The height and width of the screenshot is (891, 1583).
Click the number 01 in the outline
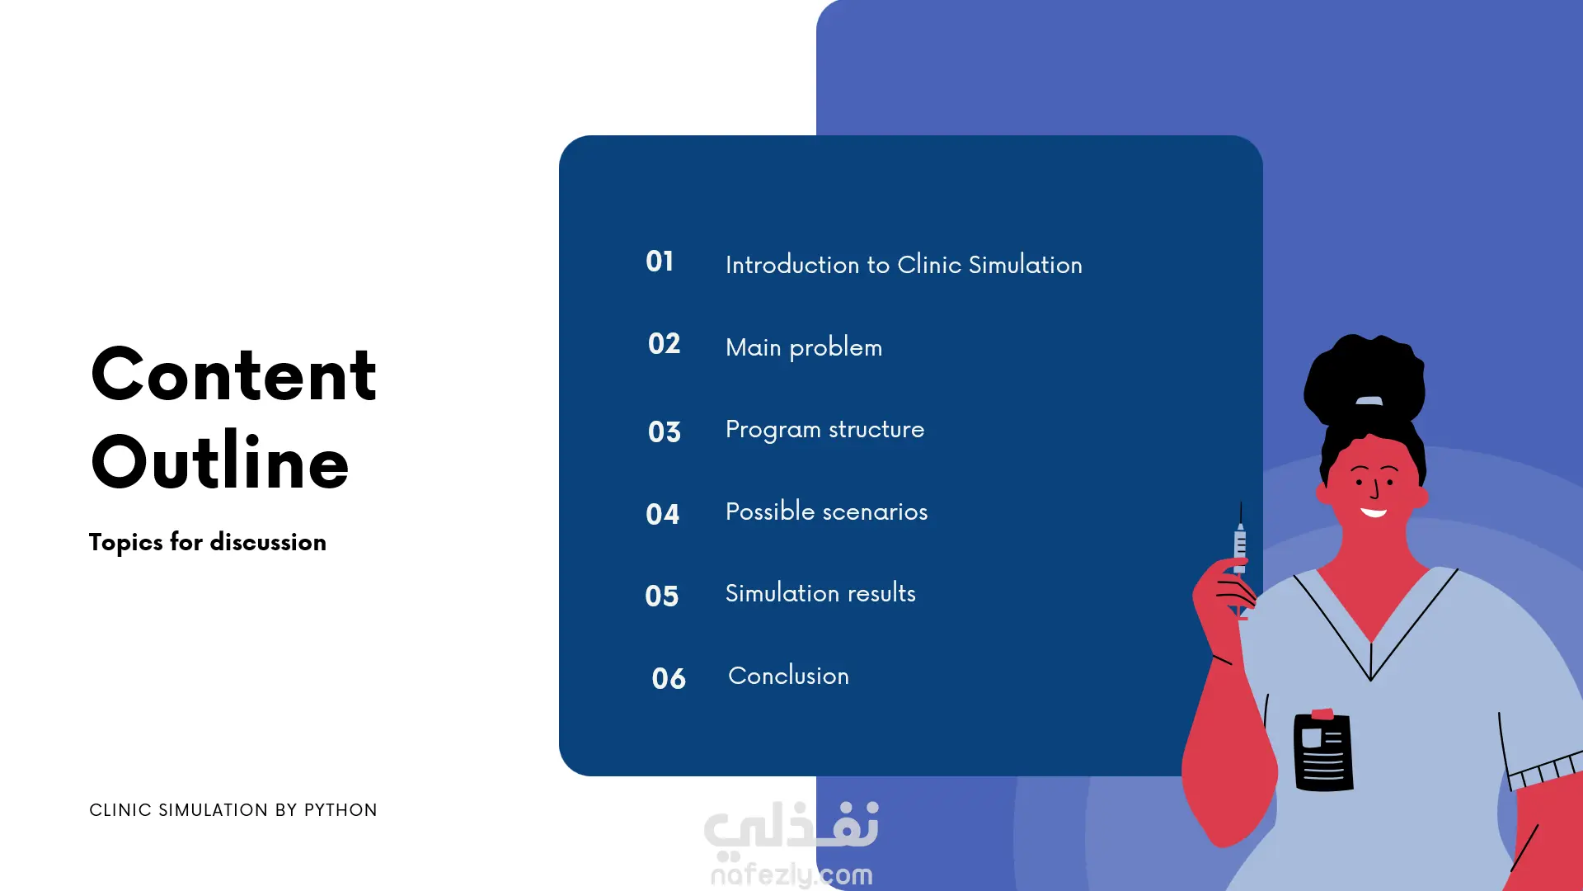660,262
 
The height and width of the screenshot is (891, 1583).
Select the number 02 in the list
664,343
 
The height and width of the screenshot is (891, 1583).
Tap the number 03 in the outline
665,431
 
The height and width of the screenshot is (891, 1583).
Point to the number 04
663,514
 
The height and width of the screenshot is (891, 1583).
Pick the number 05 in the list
662,596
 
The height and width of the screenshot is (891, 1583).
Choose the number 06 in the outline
669,678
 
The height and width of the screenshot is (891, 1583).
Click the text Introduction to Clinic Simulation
904,264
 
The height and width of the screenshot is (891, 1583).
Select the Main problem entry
804,347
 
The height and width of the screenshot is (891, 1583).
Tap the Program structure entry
824,429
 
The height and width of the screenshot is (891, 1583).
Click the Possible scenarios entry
826,511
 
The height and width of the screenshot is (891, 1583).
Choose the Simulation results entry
820,592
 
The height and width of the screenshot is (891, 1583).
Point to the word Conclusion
788,675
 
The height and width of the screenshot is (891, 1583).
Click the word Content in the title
233,375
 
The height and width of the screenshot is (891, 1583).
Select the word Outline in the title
219,460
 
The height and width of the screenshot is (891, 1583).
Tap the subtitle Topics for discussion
208,542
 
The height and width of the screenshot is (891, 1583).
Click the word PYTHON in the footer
341,810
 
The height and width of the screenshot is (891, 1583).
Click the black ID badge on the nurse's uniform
1323,751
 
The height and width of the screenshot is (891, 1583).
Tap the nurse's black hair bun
1365,378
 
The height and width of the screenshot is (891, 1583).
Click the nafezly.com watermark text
791,874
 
